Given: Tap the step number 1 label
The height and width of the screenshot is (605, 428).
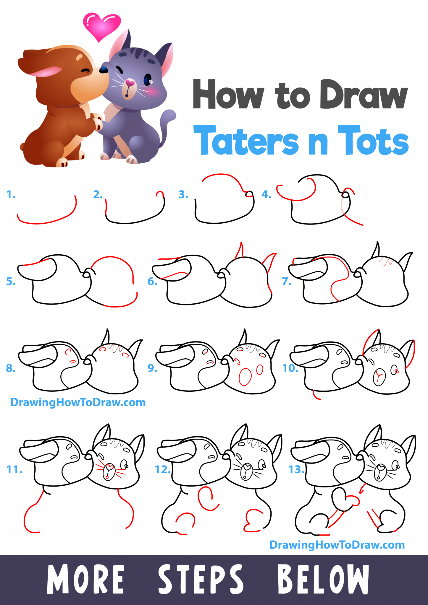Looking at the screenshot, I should [11, 195].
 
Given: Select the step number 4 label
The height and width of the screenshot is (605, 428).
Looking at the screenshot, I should [266, 195].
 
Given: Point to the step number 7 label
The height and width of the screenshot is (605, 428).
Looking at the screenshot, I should [287, 282].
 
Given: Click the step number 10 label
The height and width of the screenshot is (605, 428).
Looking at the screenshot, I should [290, 368].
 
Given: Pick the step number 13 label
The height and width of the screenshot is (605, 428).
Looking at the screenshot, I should [296, 469].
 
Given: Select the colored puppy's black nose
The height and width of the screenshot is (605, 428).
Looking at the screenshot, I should [104, 70].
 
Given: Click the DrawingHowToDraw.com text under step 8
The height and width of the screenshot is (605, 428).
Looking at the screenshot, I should [78, 402].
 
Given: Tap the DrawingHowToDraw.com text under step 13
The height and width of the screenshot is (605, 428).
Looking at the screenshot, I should [337, 545].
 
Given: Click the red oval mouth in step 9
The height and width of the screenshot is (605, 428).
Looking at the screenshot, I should [245, 377].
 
